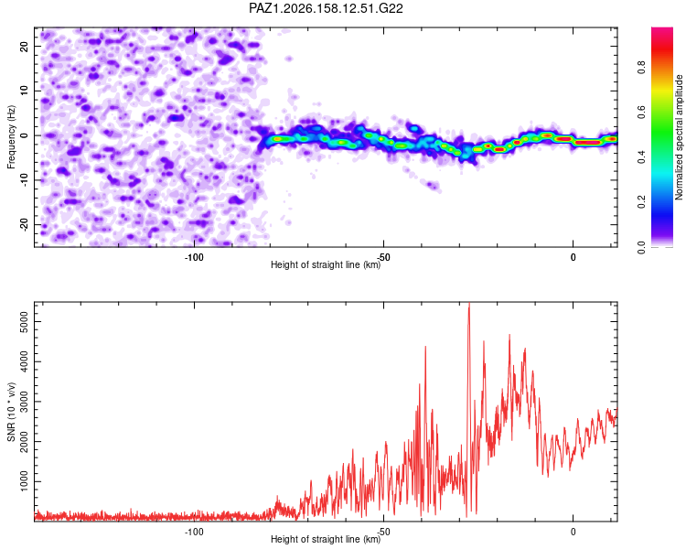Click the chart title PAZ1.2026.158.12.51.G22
(x=326, y=8)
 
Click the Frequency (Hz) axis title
(x=11, y=137)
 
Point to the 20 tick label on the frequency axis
(x=24, y=47)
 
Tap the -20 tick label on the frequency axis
(x=24, y=225)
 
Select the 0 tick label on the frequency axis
(x=24, y=135)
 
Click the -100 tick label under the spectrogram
(x=194, y=257)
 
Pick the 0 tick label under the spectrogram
(x=573, y=257)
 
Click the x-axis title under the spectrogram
(x=326, y=264)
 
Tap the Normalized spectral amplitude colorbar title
(x=679, y=137)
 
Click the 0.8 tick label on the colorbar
(x=641, y=68)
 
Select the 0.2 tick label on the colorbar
(x=641, y=202)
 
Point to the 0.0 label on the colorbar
(x=641, y=247)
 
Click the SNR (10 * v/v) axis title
(x=11, y=412)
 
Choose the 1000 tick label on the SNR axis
(x=24, y=481)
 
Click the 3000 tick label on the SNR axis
(x=24, y=402)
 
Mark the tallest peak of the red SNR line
(x=469, y=304)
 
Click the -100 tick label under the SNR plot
(x=194, y=532)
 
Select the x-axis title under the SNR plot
(x=326, y=539)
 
